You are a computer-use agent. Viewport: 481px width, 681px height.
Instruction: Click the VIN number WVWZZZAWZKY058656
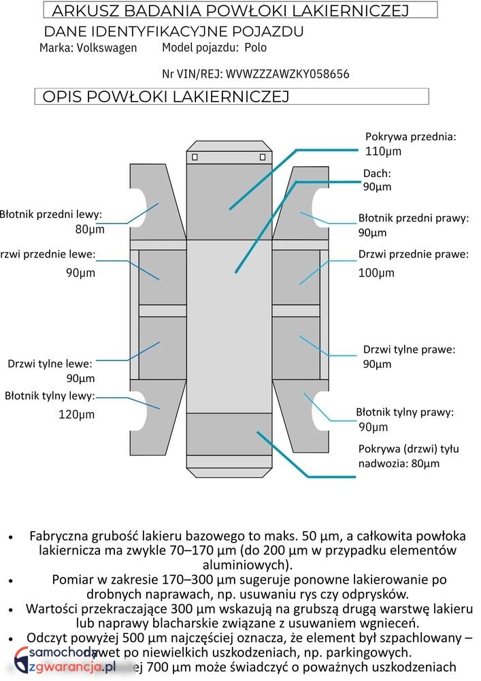click(x=287, y=74)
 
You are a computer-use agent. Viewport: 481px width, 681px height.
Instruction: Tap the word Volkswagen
click(x=106, y=48)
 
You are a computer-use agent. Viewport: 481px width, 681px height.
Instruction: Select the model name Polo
click(x=256, y=48)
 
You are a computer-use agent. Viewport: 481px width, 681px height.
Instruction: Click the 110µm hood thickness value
click(x=384, y=151)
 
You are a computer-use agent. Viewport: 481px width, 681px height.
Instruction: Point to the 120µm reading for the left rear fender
click(x=76, y=414)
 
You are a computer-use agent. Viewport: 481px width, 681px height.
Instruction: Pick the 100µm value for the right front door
click(x=376, y=273)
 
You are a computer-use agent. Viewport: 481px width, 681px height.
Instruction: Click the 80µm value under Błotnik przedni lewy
click(x=90, y=229)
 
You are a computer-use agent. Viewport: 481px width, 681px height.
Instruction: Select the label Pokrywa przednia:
click(x=411, y=137)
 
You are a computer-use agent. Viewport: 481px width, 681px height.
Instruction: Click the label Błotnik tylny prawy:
click(x=405, y=412)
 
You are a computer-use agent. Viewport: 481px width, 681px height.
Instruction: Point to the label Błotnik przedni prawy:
click(x=414, y=219)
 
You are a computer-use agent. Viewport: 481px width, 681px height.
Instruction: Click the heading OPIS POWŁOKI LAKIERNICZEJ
click(x=166, y=97)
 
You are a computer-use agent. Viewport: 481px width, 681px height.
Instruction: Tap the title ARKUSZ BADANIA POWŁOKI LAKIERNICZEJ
click(x=230, y=11)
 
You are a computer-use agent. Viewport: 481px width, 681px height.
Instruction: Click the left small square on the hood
click(x=195, y=157)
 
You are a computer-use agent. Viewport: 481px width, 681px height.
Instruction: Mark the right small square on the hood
click(x=263, y=157)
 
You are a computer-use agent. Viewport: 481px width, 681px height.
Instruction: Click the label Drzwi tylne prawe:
click(x=409, y=349)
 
